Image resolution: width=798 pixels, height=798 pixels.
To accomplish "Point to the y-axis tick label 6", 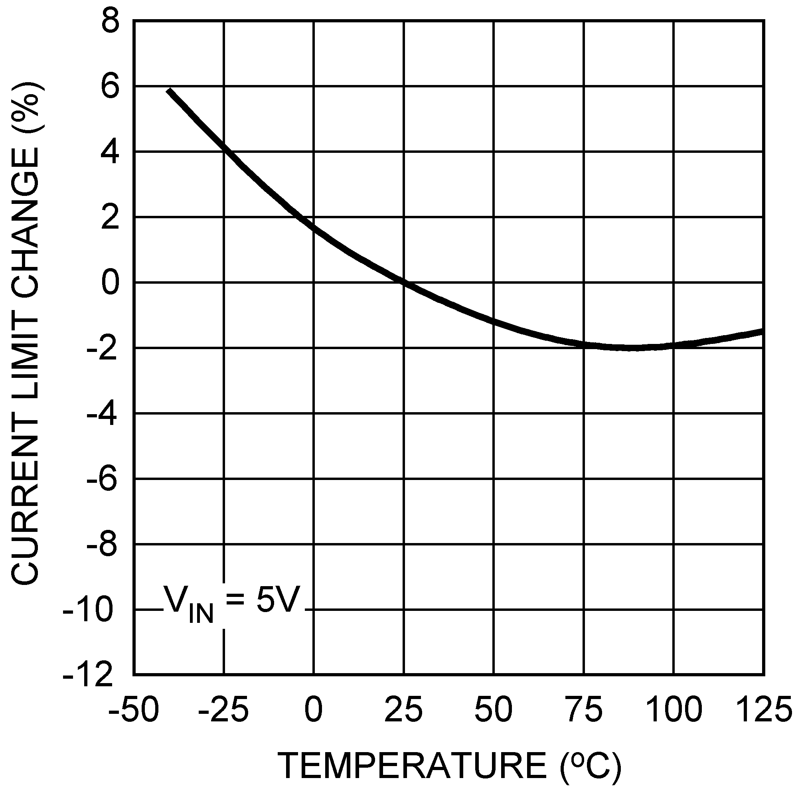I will (111, 87).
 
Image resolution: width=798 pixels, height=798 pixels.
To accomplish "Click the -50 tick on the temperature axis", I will (133, 709).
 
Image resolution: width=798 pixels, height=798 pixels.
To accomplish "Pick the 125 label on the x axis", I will (763, 709).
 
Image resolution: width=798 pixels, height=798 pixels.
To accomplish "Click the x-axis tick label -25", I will (223, 709).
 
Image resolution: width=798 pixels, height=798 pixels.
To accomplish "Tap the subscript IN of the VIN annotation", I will (201, 614).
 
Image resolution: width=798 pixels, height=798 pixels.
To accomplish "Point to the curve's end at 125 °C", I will (762, 331).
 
